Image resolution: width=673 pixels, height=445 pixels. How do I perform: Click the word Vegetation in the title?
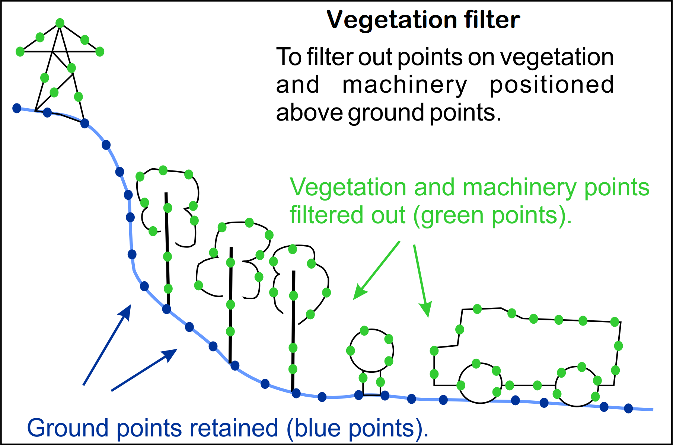[x=392, y=20]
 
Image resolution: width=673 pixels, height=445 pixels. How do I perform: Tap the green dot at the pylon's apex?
[x=60, y=23]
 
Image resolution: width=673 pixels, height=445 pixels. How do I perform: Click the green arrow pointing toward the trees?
[x=376, y=270]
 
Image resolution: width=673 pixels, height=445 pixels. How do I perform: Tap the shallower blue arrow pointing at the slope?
[x=144, y=370]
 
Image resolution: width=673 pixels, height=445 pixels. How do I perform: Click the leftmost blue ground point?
[x=17, y=108]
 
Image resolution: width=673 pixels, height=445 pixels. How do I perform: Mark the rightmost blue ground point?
[x=628, y=409]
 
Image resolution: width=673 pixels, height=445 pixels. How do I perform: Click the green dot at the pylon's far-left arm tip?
[x=20, y=52]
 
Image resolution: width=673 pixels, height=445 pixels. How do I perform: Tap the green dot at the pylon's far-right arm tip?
[x=100, y=52]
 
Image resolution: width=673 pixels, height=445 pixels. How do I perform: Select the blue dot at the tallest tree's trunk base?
[x=166, y=309]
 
